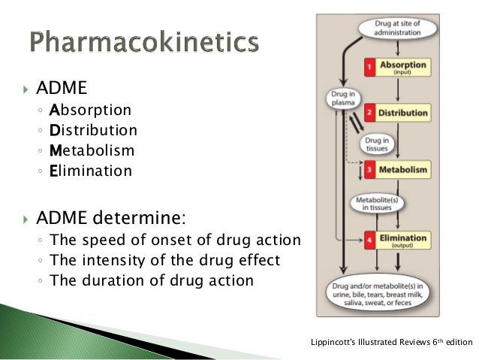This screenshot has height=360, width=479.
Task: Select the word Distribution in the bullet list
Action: point(93,131)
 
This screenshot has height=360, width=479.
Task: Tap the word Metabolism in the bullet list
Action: point(92,151)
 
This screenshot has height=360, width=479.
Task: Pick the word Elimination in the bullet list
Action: point(90,171)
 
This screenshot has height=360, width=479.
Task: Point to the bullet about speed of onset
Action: point(174,241)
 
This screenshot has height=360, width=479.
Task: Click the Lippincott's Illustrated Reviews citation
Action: point(390,343)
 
